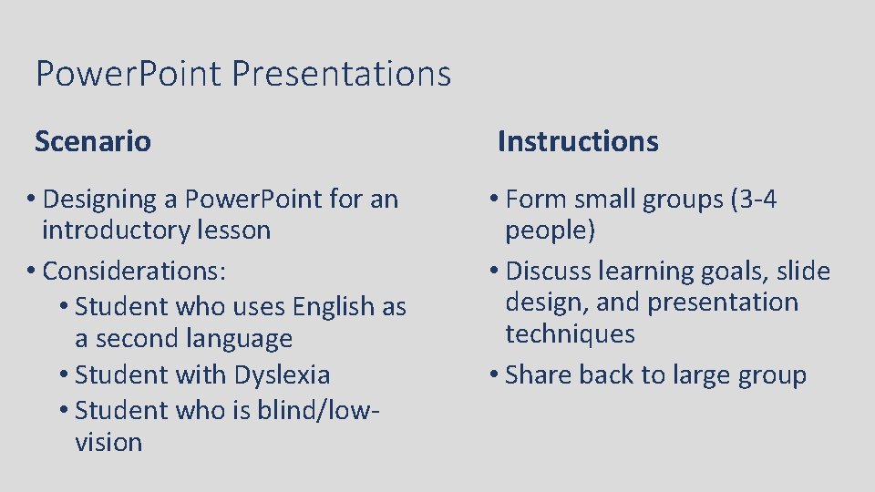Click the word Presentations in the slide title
coord(341,73)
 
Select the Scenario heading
coord(93,141)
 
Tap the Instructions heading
coord(578,141)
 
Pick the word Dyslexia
coord(283,374)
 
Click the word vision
coord(108,443)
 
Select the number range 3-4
coord(754,199)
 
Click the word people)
coord(551,231)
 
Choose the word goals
coord(720,272)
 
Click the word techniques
coord(570,334)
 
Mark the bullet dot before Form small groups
coord(493,200)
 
